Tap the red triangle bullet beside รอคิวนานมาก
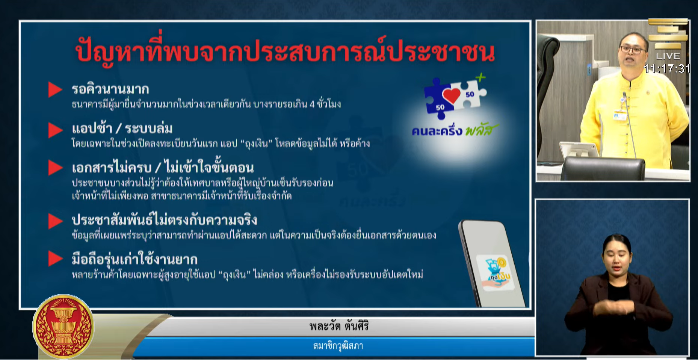[x=55, y=90]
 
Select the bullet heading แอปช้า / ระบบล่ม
[x=122, y=129]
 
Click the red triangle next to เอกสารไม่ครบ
[x=55, y=168]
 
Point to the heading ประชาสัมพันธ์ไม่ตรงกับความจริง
[x=164, y=220]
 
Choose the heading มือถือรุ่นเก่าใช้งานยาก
[x=134, y=259]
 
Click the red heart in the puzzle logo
[x=451, y=95]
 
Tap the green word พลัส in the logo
[x=481, y=130]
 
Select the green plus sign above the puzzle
[x=480, y=78]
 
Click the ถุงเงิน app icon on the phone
[x=495, y=273]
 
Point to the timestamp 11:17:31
[x=667, y=69]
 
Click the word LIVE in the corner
[x=668, y=56]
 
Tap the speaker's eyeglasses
[x=633, y=50]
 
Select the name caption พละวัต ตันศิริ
[x=339, y=326]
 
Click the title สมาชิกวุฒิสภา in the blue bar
[x=338, y=346]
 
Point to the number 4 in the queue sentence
[x=312, y=104]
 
